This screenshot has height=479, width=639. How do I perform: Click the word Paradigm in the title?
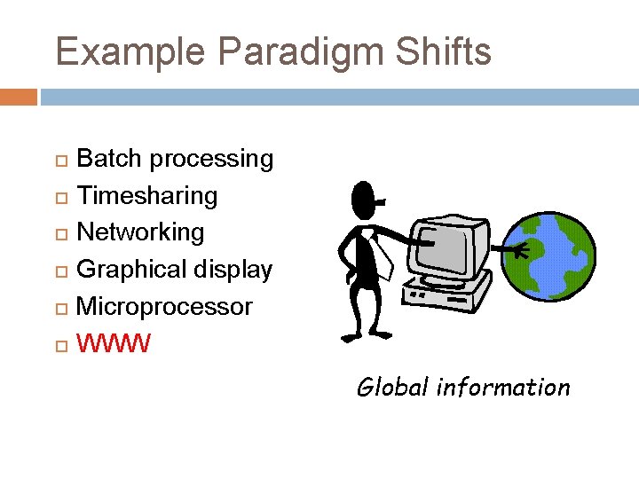point(303,52)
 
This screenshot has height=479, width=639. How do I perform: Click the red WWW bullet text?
point(114,342)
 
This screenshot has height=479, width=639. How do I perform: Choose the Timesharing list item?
point(147,195)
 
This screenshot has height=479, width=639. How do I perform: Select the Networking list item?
point(141,232)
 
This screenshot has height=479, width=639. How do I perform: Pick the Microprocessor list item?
point(165,307)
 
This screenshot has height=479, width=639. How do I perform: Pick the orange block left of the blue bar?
point(19,97)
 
